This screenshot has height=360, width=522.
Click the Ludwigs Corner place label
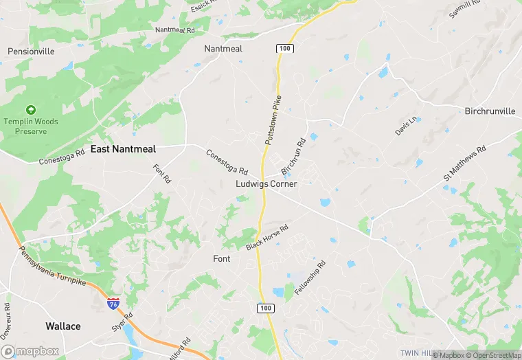point(266,184)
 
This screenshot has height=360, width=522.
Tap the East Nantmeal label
point(124,148)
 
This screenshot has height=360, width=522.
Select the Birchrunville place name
point(490,111)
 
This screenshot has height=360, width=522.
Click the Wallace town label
point(63,326)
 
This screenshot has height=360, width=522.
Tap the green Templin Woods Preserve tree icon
point(30,110)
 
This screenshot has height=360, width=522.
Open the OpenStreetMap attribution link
point(492,355)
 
